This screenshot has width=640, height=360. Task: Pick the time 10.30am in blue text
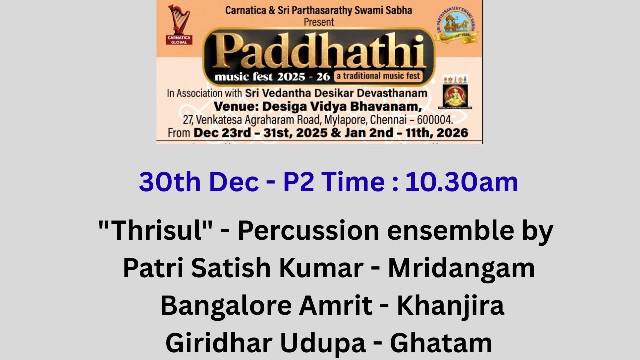(461, 182)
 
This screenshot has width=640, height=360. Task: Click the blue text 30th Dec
(199, 182)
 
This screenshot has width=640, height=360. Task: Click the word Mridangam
(461, 268)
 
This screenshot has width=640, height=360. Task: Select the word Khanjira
(450, 306)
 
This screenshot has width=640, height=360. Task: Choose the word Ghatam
(441, 343)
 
